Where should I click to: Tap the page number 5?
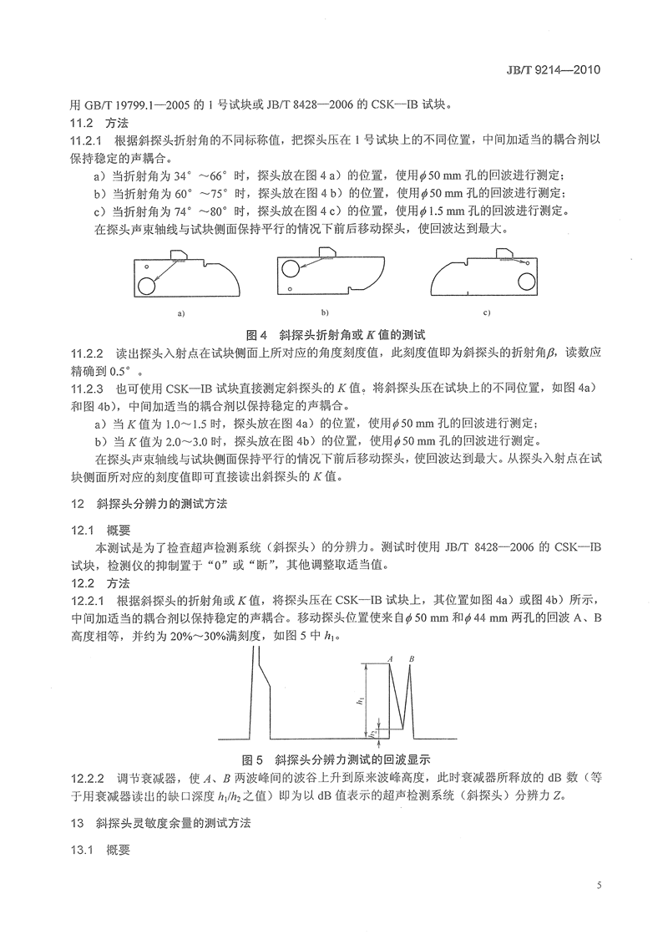600,885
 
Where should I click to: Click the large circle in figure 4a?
147,286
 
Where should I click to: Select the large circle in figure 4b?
290,267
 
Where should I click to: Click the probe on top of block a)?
181,253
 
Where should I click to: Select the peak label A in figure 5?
390,660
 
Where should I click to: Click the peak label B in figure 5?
411,660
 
